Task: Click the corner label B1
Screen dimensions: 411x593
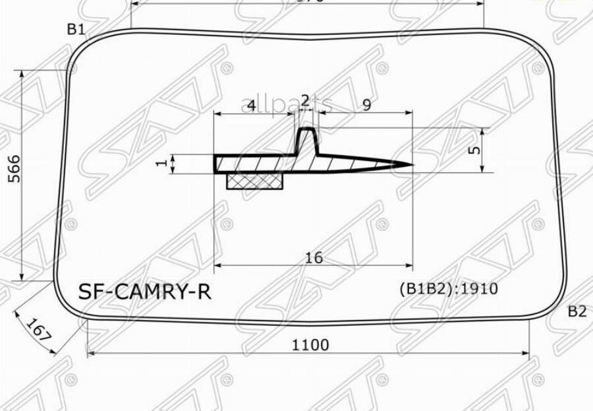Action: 76,28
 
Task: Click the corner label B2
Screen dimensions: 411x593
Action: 577,311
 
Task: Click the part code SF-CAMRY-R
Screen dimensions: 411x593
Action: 145,292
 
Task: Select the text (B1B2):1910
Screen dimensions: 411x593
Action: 448,288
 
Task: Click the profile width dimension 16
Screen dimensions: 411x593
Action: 314,258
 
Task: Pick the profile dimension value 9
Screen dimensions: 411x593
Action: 366,104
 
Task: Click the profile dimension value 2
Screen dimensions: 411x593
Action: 304,100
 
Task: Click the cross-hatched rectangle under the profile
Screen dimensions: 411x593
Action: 255,181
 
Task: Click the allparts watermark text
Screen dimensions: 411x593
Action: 285,106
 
